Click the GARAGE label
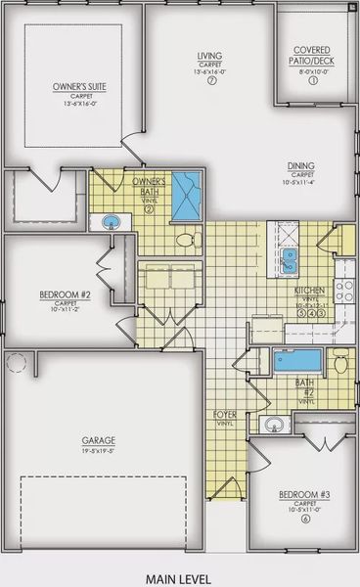(x=98, y=440)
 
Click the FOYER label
(x=225, y=416)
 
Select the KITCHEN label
(x=311, y=291)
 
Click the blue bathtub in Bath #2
(x=294, y=361)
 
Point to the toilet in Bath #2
(x=340, y=365)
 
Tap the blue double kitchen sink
(x=290, y=257)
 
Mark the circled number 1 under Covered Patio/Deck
(x=313, y=81)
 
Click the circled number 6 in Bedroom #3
(x=306, y=519)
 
